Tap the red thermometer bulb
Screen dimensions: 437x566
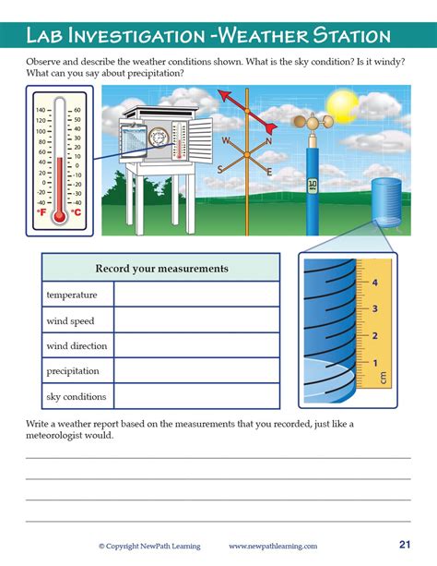60,216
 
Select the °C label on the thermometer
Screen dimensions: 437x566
77,212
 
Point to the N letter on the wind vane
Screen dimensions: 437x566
268,141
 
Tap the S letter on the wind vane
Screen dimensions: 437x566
220,169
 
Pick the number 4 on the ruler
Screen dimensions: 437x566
374,283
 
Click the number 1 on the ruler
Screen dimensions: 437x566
374,361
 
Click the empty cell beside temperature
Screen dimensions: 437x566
196,295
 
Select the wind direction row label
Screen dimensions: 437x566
77,346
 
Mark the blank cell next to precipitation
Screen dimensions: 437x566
196,371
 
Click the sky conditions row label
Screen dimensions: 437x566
77,397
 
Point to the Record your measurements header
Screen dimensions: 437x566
161,269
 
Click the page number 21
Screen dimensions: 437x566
405,544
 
